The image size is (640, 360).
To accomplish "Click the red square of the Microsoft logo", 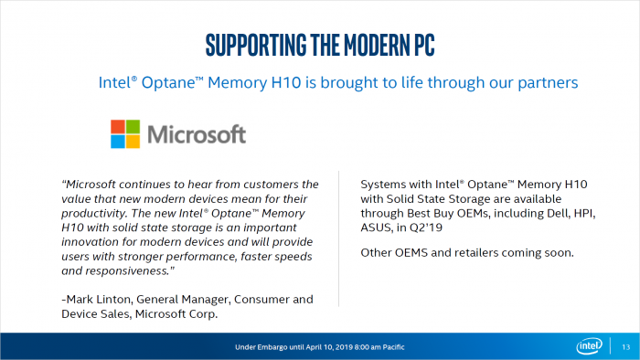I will pyautogui.click(x=120, y=126).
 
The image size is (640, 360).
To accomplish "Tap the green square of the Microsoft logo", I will pyautogui.click(x=134, y=126).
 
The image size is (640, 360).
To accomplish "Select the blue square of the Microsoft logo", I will pyautogui.click(x=120, y=141).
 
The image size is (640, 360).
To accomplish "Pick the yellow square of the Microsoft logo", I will pyautogui.click(x=134, y=141).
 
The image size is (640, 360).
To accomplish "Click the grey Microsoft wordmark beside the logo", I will pyautogui.click(x=197, y=134).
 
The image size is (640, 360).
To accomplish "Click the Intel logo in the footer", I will pyautogui.click(x=588, y=346).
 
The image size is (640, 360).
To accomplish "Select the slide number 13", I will pyautogui.click(x=625, y=347).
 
